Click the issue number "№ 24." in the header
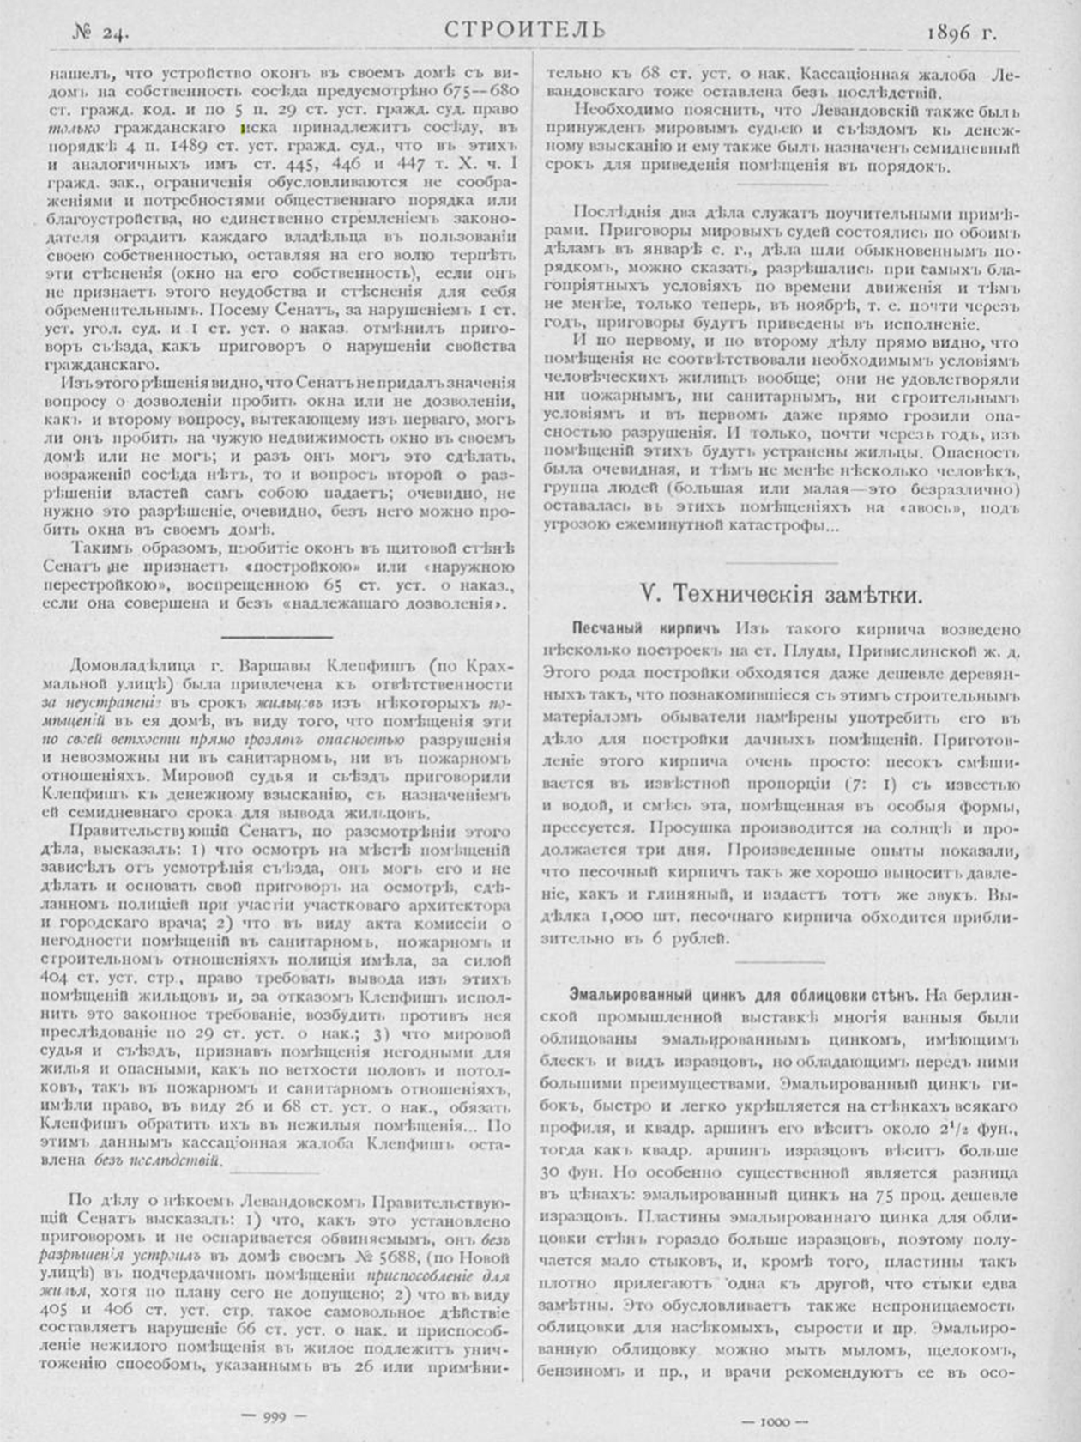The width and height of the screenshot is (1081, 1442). [100, 32]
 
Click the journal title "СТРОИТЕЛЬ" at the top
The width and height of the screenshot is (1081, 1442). [525, 30]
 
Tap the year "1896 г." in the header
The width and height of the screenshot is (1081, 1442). [962, 33]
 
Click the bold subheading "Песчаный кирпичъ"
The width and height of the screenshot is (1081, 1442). [629, 627]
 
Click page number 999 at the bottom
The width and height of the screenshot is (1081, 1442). [274, 1416]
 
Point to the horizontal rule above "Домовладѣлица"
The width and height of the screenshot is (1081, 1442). [276, 637]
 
